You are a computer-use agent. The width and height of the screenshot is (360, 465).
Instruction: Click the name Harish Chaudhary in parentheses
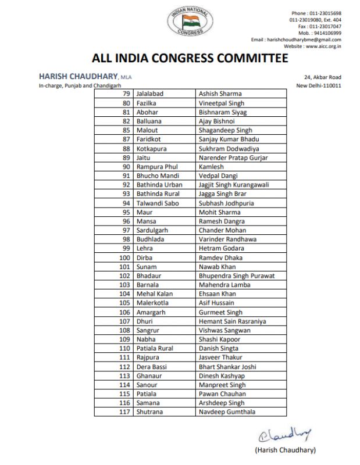pyautogui.click(x=285, y=450)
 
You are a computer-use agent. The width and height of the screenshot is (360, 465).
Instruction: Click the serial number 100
pyautogui.click(x=124, y=257)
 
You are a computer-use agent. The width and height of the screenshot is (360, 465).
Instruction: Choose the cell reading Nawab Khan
pyautogui.click(x=216, y=267)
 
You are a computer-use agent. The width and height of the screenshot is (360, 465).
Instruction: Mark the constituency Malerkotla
pyautogui.click(x=153, y=303)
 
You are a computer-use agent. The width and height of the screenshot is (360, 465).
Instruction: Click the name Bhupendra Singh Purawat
pyautogui.click(x=236, y=276)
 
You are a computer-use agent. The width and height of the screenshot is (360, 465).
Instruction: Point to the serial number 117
pyautogui.click(x=124, y=412)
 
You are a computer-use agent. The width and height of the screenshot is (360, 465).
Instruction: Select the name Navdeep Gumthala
pyautogui.click(x=226, y=412)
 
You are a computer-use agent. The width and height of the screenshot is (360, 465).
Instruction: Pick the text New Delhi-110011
pyautogui.click(x=319, y=85)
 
